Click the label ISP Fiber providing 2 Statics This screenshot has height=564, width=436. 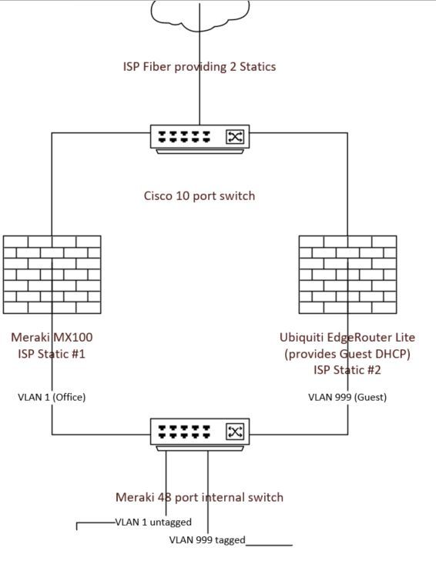pyautogui.click(x=200, y=66)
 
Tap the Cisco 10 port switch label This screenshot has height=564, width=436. pyautogui.click(x=200, y=195)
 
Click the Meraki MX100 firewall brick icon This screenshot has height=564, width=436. pyautogui.click(x=52, y=275)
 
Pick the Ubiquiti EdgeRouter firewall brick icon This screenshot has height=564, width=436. pyautogui.click(x=347, y=275)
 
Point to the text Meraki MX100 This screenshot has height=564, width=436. pyautogui.click(x=52, y=337)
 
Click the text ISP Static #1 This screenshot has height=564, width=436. pyautogui.click(x=52, y=354)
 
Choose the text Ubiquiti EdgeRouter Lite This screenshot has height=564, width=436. pyautogui.click(x=347, y=337)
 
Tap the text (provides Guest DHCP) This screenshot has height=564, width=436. pyautogui.click(x=347, y=354)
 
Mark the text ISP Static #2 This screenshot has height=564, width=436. pyautogui.click(x=347, y=370)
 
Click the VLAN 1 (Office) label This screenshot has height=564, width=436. pyautogui.click(x=52, y=397)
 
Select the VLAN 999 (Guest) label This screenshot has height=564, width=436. pyautogui.click(x=347, y=397)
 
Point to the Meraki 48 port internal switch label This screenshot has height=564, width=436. pyautogui.click(x=200, y=497)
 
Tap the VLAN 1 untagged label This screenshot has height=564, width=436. pyautogui.click(x=153, y=522)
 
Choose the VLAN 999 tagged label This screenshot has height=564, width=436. pyautogui.click(x=207, y=539)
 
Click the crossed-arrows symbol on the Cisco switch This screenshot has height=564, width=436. pyautogui.click(x=235, y=137)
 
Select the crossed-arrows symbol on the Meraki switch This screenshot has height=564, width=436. pyautogui.click(x=235, y=432)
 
